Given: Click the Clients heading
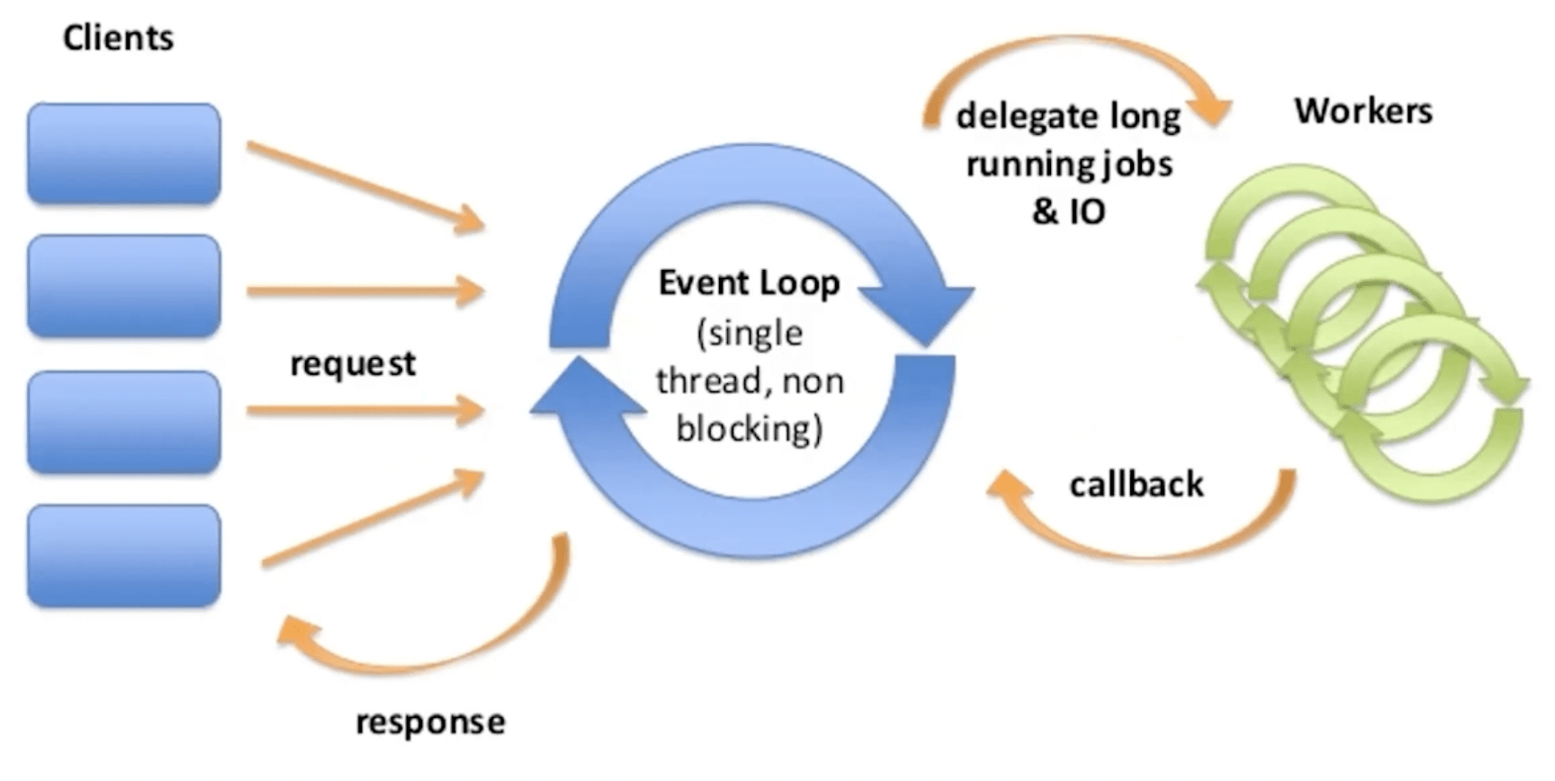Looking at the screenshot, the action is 118,38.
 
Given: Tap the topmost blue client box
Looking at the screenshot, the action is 124,153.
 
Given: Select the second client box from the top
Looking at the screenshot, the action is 124,286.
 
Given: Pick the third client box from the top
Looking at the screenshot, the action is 124,422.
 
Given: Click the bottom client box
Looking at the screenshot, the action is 124,555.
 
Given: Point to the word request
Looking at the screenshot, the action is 353,364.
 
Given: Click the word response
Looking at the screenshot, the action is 430,722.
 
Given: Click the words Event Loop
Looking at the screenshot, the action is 749,283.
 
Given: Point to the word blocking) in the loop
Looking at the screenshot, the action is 749,428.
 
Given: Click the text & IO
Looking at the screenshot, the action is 1068,211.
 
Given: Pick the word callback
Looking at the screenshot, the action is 1137,484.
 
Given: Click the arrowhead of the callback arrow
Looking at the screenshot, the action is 1008,487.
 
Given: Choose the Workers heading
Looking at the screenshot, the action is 1363,111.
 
